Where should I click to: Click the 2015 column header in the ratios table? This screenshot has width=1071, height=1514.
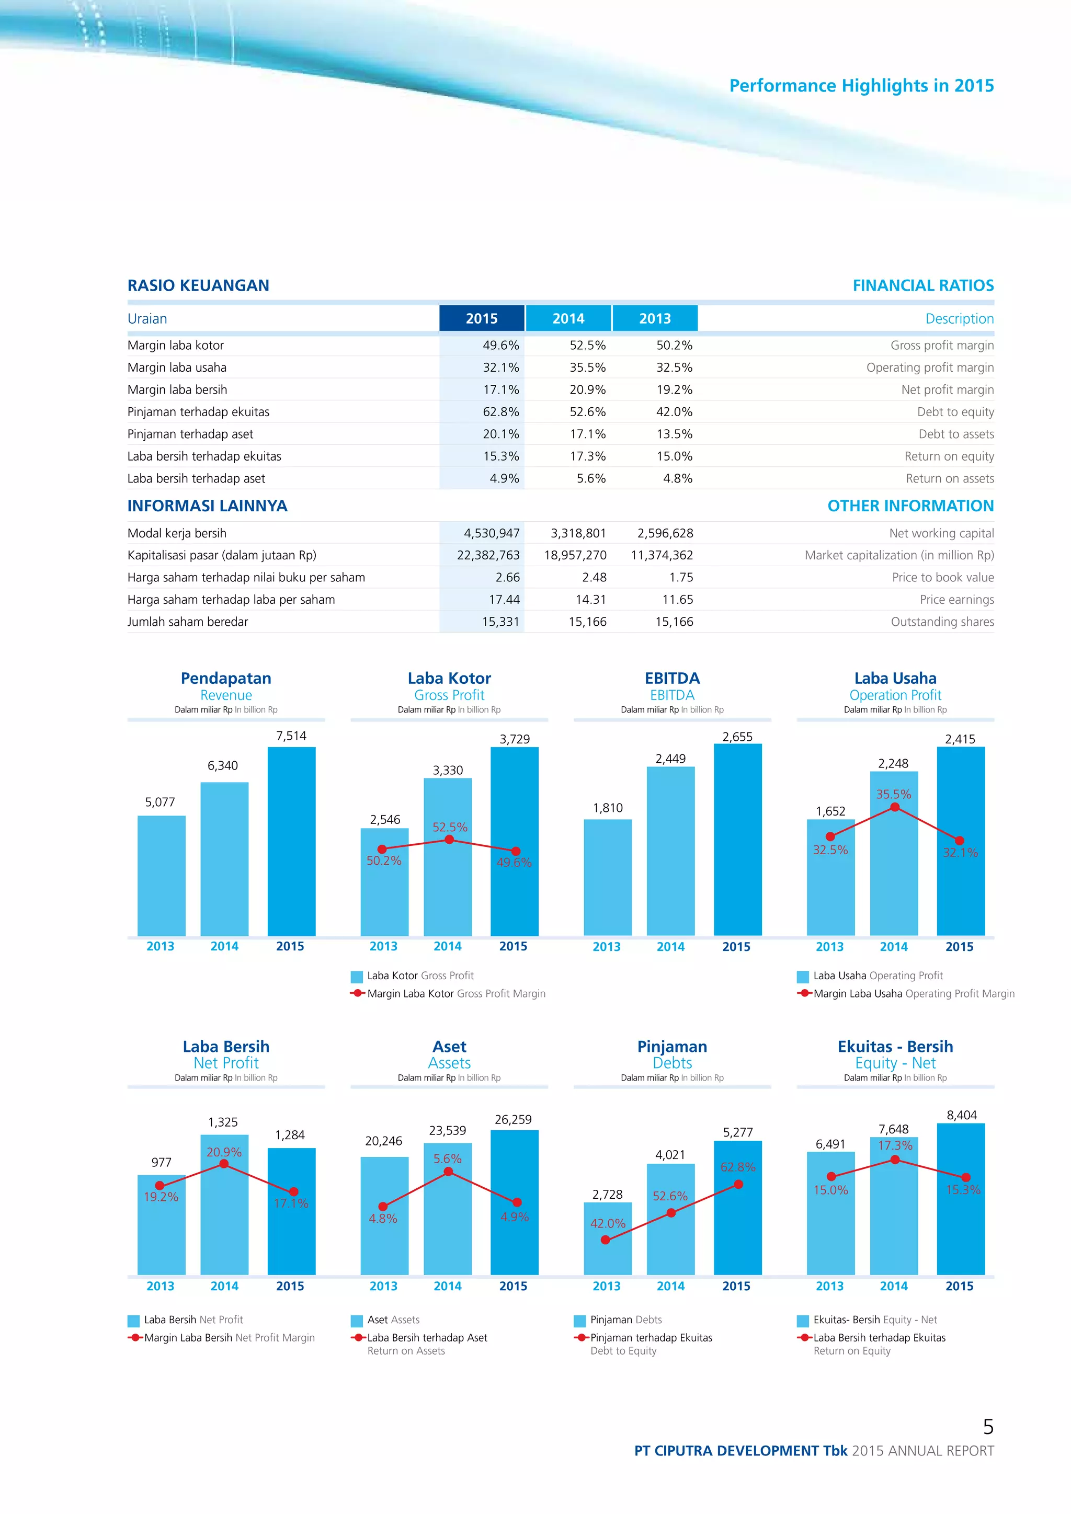(482, 318)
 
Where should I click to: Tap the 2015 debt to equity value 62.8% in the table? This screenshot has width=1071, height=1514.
(500, 412)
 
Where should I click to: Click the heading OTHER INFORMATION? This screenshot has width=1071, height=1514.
(910, 506)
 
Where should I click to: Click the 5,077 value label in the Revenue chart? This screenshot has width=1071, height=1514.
(160, 802)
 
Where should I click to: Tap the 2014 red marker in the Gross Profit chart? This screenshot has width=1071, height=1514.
(449, 840)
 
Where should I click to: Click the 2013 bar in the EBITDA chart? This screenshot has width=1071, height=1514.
(607, 877)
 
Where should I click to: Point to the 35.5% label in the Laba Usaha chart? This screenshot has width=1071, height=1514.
(893, 795)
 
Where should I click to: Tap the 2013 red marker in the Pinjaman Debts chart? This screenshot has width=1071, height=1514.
(606, 1240)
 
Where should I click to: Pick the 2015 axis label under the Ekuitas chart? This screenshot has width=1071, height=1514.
(959, 1286)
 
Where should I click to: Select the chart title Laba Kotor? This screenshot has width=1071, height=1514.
(449, 679)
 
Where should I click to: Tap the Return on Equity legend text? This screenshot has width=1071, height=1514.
(851, 1350)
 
